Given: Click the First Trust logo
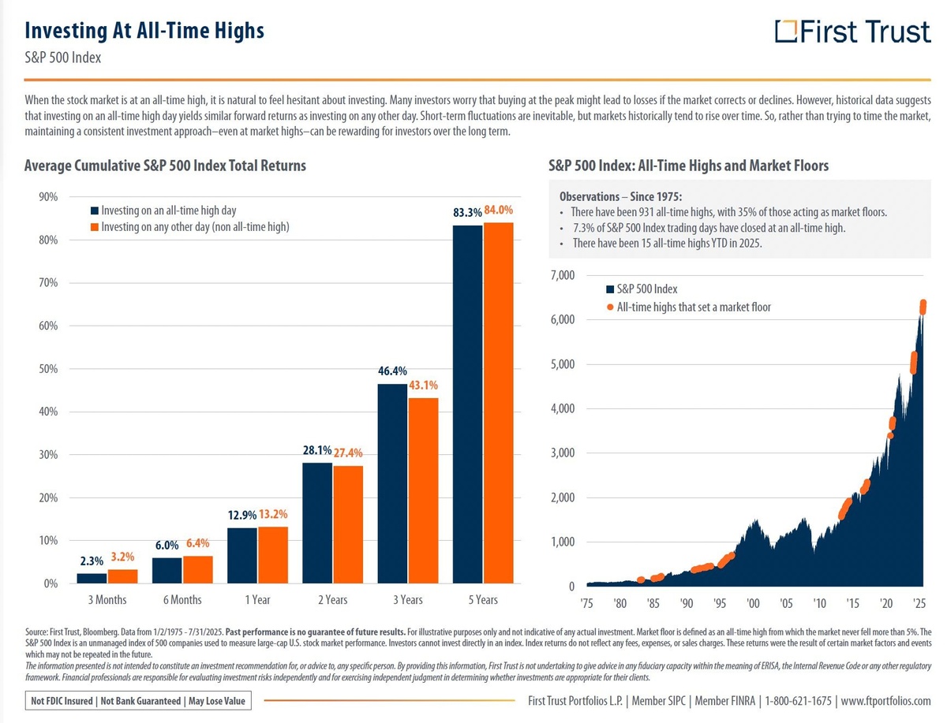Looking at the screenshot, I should [x=852, y=32].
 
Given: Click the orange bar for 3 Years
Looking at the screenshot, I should [x=423, y=490].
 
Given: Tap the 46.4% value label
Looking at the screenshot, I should [x=392, y=370].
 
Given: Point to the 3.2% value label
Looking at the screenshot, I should [x=123, y=555].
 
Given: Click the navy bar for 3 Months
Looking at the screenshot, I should [x=92, y=578].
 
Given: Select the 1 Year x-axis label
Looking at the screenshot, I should [x=257, y=600].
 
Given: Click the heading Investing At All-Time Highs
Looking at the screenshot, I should [x=144, y=31].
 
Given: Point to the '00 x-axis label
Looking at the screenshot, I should [x=752, y=603].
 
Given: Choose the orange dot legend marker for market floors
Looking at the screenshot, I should [x=610, y=307].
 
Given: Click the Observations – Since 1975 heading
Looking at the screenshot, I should [x=619, y=196].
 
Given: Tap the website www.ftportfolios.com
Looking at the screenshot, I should [x=885, y=701].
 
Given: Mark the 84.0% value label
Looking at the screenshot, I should [x=498, y=211].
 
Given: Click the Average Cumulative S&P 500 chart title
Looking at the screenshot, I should [x=165, y=166].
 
